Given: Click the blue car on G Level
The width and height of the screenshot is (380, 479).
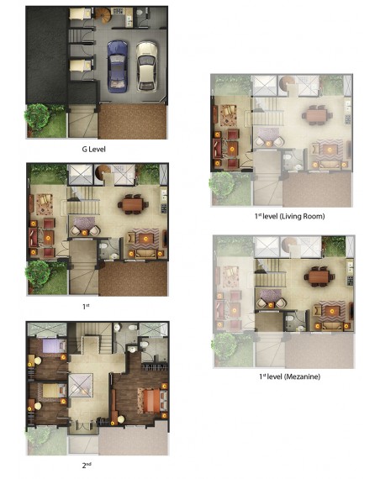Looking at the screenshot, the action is [x=118, y=66].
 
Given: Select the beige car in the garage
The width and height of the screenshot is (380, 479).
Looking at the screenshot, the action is [x=147, y=66].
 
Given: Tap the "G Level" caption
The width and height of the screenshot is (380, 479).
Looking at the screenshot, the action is [x=94, y=150].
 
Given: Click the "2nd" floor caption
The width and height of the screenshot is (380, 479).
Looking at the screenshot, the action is [x=87, y=465].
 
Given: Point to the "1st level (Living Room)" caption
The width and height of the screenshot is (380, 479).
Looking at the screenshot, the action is [x=289, y=216].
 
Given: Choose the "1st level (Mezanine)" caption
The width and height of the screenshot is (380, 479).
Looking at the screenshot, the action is [x=289, y=376].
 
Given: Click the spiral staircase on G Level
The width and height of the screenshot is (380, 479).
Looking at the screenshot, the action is [x=103, y=16].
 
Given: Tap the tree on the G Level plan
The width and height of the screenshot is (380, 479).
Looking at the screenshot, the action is [x=37, y=118].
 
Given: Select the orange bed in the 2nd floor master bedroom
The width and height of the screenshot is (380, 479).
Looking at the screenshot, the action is [x=152, y=400].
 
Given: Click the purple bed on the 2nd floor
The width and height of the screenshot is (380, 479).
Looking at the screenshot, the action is [x=54, y=346].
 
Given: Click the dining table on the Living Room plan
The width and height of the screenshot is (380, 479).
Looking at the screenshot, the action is [x=317, y=115].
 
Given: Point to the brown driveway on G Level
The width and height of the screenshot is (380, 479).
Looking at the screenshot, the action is [x=133, y=121].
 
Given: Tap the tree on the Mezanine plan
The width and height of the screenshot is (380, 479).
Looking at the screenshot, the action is [x=224, y=346].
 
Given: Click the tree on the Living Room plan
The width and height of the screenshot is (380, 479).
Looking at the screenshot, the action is [x=222, y=185].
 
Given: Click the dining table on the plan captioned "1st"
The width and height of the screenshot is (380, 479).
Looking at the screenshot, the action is [x=133, y=203].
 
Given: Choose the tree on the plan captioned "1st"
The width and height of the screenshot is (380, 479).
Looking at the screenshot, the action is [x=38, y=274].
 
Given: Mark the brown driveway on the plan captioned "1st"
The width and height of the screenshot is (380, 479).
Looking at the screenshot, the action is [x=134, y=279].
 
